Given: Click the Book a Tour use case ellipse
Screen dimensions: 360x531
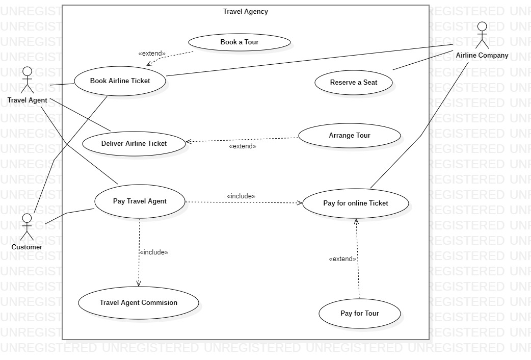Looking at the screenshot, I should point(239,42).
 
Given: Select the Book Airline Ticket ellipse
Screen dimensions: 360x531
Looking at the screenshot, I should point(120,81).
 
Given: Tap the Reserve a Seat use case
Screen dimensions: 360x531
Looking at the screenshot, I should point(353,83).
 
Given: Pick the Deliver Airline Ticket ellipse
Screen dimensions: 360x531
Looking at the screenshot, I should point(134,144).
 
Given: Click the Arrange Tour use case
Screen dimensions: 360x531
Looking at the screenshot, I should point(349,136).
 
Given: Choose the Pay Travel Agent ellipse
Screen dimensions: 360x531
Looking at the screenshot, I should point(139,201).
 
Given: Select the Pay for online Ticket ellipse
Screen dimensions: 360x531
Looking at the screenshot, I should point(355,203).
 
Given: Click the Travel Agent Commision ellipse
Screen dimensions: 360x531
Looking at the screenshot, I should point(138,303).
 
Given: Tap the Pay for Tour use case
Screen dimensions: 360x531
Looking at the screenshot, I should point(359,314).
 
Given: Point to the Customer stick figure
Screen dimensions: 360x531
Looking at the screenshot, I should point(27,227).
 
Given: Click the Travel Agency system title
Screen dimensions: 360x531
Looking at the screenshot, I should point(245,12).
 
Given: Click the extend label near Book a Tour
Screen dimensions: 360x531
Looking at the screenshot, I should point(152,53).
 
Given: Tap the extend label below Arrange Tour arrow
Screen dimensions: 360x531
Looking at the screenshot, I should point(243,146).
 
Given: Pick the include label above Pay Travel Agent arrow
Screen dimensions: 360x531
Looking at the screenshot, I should point(241,196).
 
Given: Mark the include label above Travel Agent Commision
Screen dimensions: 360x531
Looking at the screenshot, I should point(153,252).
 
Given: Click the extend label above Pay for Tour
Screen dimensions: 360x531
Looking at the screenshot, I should point(342,259).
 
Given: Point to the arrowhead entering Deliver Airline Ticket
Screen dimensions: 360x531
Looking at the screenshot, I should point(188,142).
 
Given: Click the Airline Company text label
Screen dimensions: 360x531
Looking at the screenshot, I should point(482,56).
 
